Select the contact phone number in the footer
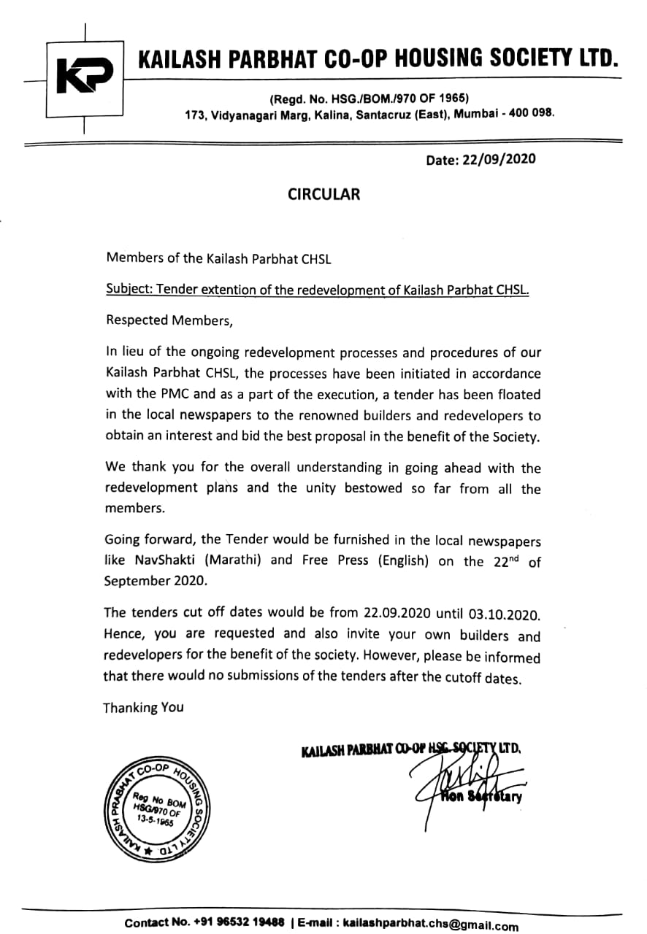tap(238, 922)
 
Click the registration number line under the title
tap(370, 98)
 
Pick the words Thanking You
tap(143, 707)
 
